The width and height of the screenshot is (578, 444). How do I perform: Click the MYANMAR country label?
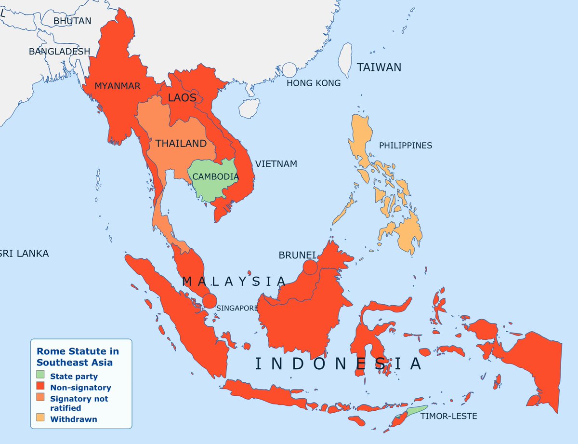pos(118,86)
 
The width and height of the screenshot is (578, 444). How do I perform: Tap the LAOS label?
pos(182,98)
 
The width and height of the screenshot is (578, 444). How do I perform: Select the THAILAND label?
pos(181,144)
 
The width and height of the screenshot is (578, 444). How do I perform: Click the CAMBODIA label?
pos(215,176)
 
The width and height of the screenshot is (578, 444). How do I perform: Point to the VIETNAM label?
pos(276,164)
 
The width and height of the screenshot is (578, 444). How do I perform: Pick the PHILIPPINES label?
pos(406,145)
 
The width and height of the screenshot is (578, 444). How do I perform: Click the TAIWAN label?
pos(379,67)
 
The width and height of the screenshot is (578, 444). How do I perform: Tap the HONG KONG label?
pos(314,83)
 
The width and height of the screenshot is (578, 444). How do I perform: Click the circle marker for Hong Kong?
pos(289,70)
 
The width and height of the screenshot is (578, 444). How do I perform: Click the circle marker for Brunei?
pos(310,267)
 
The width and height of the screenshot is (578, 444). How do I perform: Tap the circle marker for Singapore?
pos(209,300)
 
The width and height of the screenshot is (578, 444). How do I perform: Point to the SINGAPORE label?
pos(237,308)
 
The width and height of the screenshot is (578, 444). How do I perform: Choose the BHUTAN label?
pos(72,21)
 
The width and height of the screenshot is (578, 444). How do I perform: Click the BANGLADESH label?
pos(59,51)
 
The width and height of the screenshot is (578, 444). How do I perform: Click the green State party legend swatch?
pos(40,375)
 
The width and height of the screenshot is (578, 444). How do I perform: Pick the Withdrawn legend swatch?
pos(40,417)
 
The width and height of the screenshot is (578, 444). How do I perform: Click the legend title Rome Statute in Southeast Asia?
pos(78,357)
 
